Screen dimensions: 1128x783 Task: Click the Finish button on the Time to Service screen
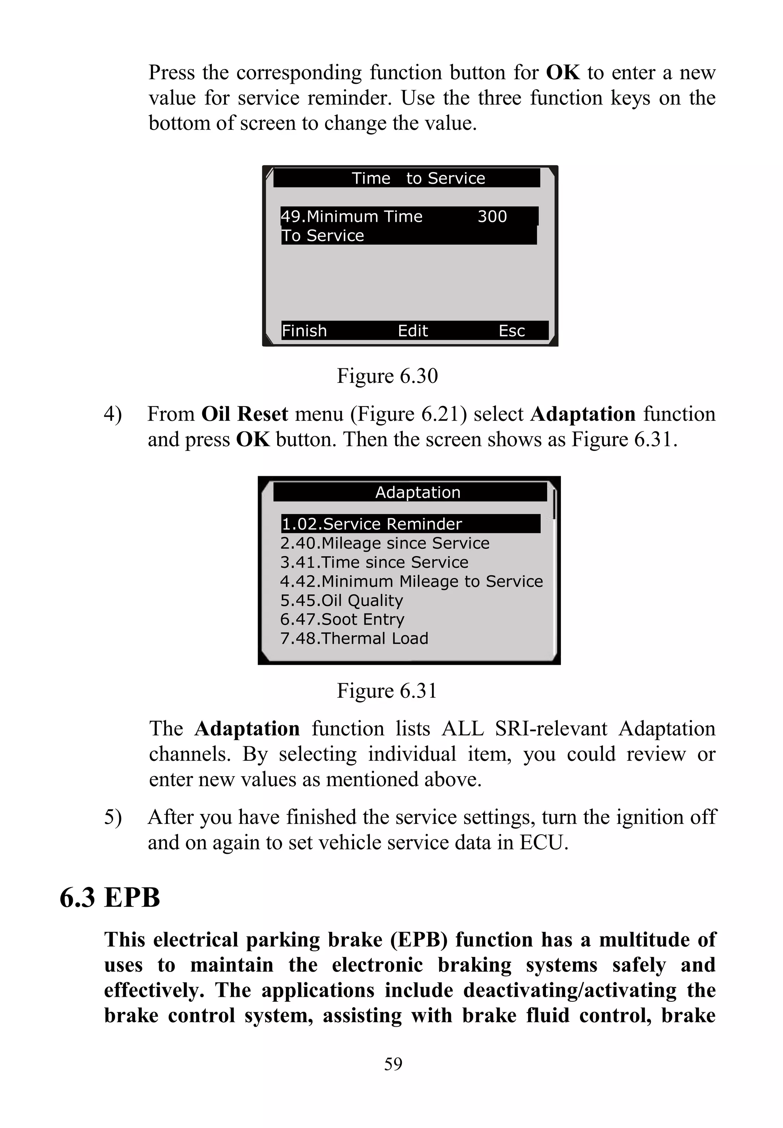[x=304, y=331]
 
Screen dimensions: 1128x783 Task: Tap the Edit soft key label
[x=413, y=331]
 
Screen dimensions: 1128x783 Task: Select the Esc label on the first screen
[x=511, y=331]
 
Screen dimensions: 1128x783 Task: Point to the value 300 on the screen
[x=492, y=216]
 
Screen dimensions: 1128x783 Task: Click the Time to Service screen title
[x=418, y=178]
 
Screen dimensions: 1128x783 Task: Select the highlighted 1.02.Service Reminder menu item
[x=371, y=524]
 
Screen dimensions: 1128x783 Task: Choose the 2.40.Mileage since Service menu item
[x=385, y=543]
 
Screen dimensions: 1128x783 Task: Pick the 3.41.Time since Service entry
[x=374, y=562]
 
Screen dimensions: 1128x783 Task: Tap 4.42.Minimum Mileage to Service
[x=411, y=581]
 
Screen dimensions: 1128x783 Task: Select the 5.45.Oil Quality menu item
[x=341, y=600]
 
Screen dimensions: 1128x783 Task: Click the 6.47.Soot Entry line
[x=342, y=620]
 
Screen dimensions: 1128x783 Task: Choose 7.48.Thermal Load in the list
[x=354, y=638]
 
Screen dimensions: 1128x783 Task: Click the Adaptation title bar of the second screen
[x=417, y=492]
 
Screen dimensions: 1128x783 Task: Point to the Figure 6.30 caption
[x=387, y=376]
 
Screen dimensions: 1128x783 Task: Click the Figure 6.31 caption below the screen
[x=387, y=691]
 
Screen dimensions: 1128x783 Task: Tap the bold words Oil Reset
[x=244, y=414]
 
